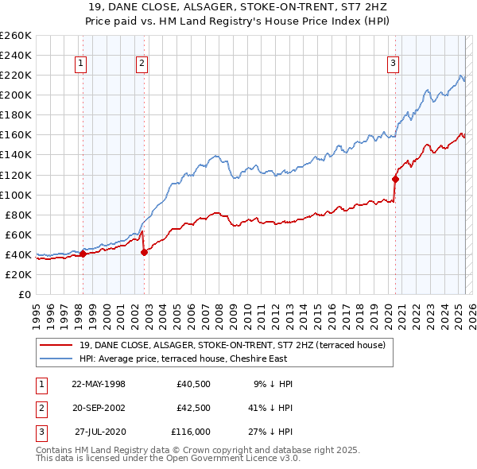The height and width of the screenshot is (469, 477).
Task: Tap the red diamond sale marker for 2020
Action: [x=395, y=179]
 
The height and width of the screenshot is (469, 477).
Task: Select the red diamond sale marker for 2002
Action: [x=144, y=252]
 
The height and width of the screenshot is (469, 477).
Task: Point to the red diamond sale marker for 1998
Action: [x=83, y=254]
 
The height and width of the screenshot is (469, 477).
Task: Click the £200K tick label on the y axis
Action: [x=15, y=95]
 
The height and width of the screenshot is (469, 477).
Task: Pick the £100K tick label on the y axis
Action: [x=15, y=195]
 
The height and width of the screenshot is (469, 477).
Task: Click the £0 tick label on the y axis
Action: [x=24, y=294]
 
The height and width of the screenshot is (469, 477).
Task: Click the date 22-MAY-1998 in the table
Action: [x=99, y=384]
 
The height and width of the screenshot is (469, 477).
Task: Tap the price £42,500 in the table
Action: [x=193, y=409]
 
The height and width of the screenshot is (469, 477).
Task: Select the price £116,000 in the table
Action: [x=191, y=433]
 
